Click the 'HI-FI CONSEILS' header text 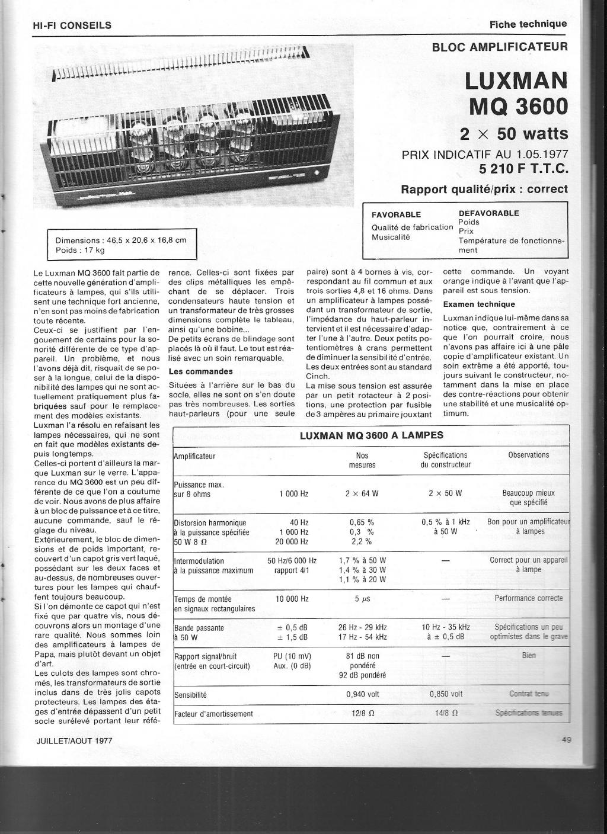coord(72,25)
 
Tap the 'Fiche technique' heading coord(528,24)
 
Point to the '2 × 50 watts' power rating coord(514,133)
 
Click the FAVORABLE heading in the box coord(396,214)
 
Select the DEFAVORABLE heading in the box coord(488,213)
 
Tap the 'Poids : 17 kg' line coord(80,250)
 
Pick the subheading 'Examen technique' coord(479,304)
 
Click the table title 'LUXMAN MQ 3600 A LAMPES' coord(371,435)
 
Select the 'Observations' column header coord(529,455)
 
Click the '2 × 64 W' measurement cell coord(362,494)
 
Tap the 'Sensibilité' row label coord(190,694)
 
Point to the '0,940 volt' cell coord(363,694)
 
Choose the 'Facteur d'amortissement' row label coord(213,714)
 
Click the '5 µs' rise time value coord(362,599)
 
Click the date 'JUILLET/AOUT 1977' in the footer coord(74,740)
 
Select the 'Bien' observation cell coord(529,656)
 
